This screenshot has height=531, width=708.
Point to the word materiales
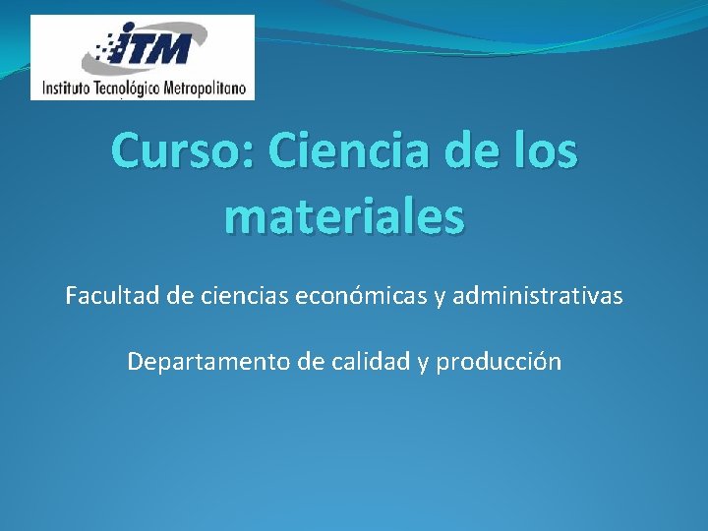tap(343, 215)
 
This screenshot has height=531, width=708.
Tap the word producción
tap(499, 362)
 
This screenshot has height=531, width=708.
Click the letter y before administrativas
tap(438, 296)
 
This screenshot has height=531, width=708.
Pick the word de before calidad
tap(313, 361)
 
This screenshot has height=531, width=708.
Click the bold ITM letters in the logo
tap(162, 48)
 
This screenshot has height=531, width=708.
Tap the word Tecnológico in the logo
tap(133, 88)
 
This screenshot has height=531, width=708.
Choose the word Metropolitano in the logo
tap(208, 88)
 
